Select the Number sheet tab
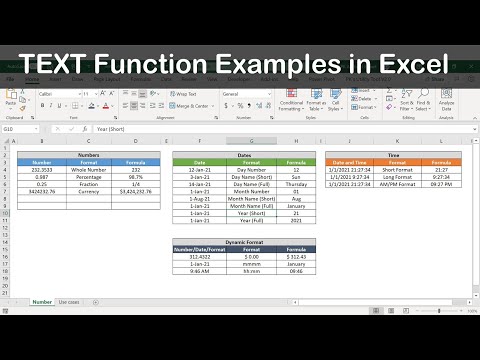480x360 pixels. [x=42, y=301]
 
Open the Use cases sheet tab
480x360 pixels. [x=70, y=301]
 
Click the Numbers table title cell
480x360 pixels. [x=87, y=155]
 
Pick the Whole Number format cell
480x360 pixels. [x=87, y=170]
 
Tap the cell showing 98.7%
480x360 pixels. [x=135, y=177]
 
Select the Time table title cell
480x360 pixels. [x=393, y=155]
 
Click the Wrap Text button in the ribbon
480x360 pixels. [x=185, y=94]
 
